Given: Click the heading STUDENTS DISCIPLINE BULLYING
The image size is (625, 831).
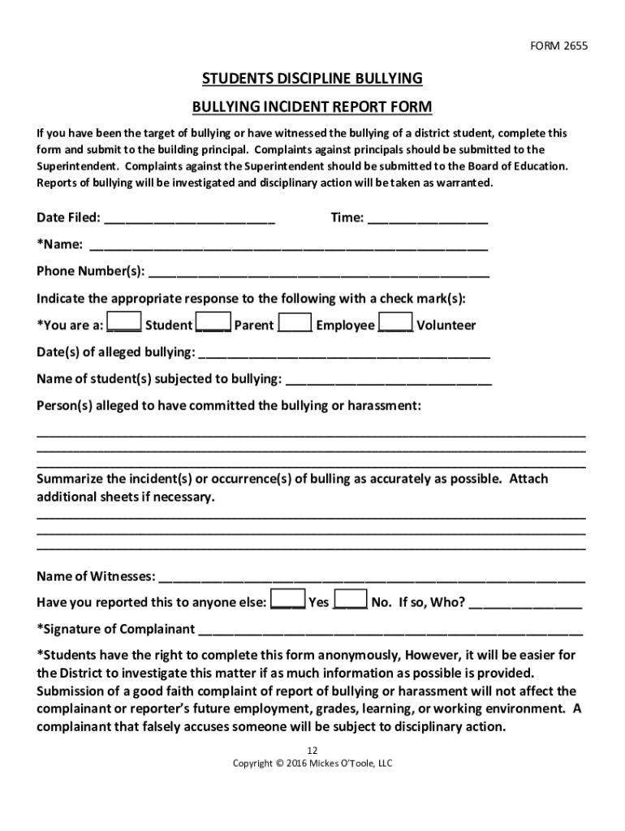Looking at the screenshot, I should tap(312, 79).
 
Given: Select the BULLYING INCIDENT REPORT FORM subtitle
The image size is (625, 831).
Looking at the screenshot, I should tap(312, 107).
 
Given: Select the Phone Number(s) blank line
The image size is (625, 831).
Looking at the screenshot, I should tap(319, 271).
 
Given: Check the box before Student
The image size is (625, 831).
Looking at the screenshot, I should tap(125, 323).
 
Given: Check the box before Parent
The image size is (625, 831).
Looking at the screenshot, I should tap(214, 323).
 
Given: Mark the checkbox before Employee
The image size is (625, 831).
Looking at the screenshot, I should tap(295, 323).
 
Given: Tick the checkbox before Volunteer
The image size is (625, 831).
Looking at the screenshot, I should tap(396, 323).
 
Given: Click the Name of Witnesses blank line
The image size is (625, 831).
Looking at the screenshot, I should tap(372, 577).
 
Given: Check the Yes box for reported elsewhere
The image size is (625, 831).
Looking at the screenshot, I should tap(287, 600).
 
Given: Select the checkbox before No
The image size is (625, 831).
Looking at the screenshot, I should tap(351, 600).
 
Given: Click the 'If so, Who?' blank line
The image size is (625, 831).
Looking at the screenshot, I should tap(525, 603).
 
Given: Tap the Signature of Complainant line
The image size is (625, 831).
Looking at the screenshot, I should tap(390, 630).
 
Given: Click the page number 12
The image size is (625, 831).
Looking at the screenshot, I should tap(312, 749).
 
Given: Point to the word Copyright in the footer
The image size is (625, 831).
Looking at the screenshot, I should tap(252, 764).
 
